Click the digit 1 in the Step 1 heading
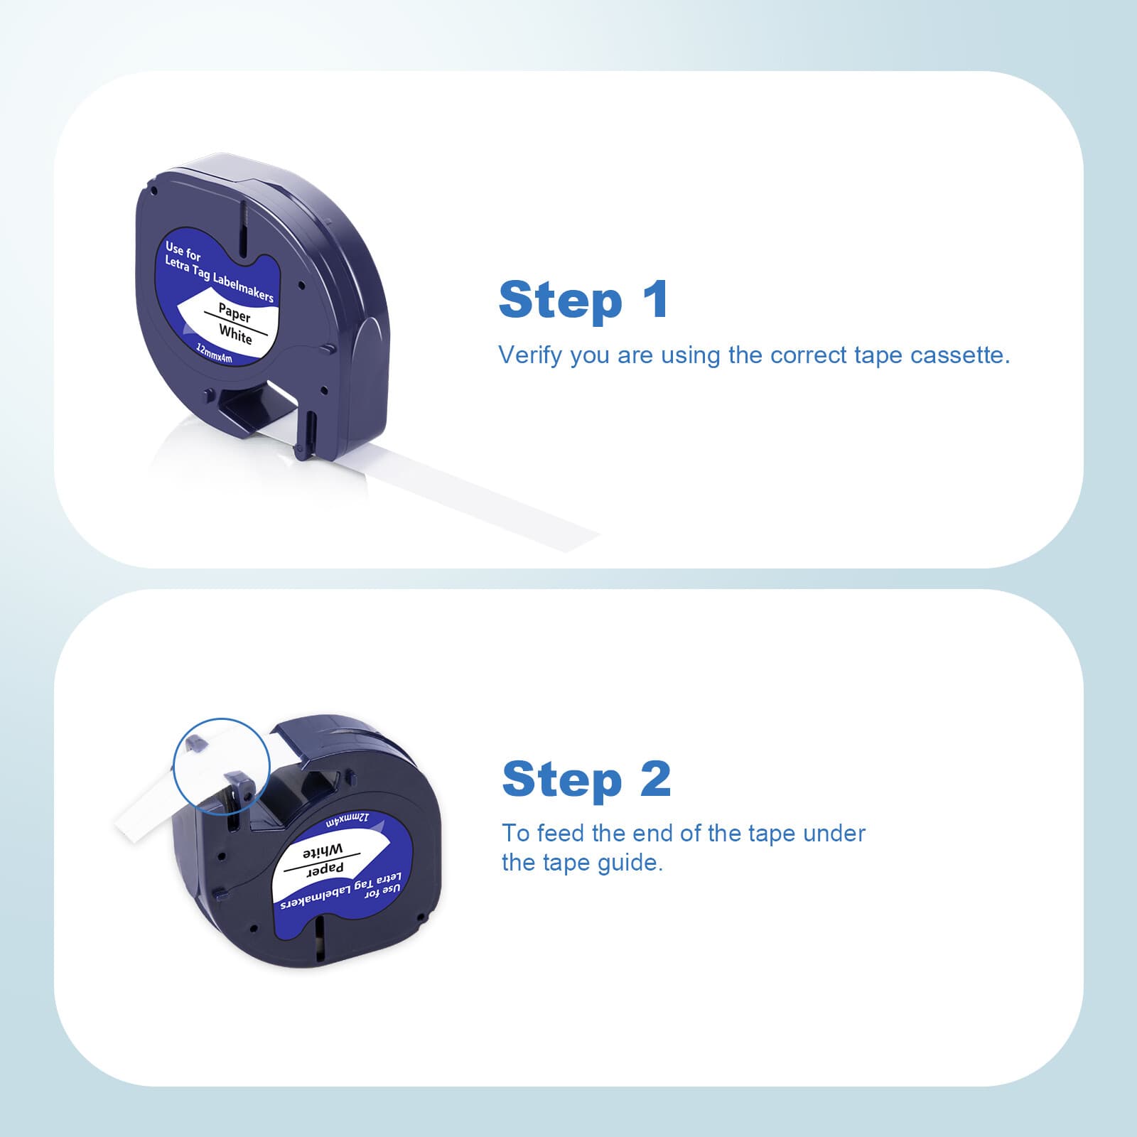655,299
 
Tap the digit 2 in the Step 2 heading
654,780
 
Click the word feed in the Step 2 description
561,833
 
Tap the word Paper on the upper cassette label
235,312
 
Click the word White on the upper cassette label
235,333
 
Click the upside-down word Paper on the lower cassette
325,869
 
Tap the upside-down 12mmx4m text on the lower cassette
347,819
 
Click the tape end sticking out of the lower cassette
142,817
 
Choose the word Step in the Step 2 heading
562,780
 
